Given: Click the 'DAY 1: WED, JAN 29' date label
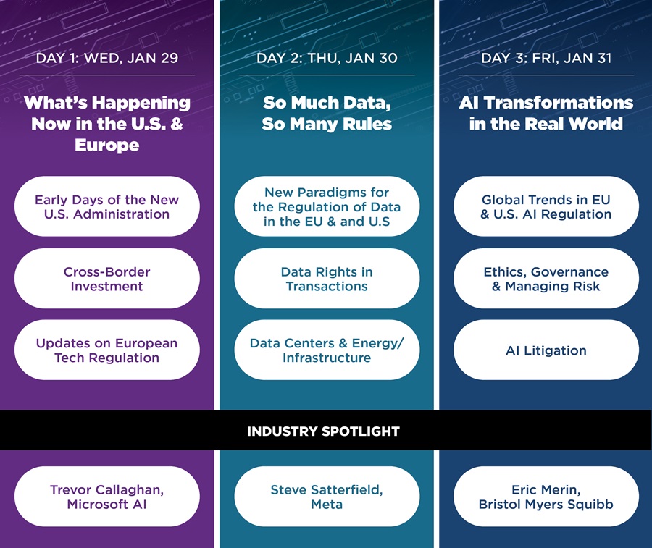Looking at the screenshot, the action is click(x=107, y=58).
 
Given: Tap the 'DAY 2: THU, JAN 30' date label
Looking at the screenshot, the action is click(x=327, y=58).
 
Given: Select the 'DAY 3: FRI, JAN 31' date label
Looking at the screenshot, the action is click(x=546, y=58).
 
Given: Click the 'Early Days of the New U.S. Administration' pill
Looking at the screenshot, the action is click(x=107, y=206).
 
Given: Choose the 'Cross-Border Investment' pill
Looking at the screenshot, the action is click(x=107, y=279).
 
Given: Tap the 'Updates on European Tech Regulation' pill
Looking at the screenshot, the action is click(x=107, y=350).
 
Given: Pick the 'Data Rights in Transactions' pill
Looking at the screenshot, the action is click(x=327, y=279).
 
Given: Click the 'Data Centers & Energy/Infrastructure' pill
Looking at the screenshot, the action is click(x=327, y=350).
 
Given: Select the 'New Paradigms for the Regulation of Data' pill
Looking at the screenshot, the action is click(x=327, y=206).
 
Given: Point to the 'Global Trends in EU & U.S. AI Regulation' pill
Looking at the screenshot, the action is click(x=546, y=206).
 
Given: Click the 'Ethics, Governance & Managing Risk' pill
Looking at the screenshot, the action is click(x=546, y=279).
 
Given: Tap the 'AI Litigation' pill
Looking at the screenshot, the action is click(x=546, y=350).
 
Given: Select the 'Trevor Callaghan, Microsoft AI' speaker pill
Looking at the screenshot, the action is click(x=107, y=497).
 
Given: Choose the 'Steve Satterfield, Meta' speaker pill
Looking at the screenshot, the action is click(x=327, y=497).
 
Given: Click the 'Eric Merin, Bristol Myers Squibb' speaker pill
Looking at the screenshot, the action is click(x=546, y=497).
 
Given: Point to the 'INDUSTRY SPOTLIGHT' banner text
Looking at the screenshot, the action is click(x=323, y=431).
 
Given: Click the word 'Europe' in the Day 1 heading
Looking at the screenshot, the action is click(x=107, y=145).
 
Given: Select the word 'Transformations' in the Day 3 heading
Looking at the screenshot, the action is click(x=559, y=103).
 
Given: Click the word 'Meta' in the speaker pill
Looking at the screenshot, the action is click(x=327, y=505).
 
